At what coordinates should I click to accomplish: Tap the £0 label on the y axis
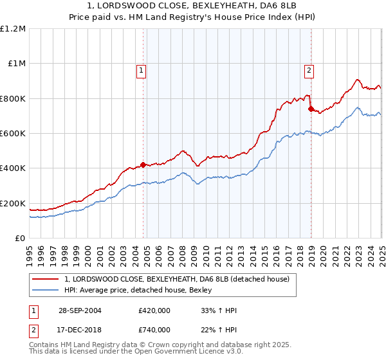19,239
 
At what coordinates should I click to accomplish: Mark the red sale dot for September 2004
143,165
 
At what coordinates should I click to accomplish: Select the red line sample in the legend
46,279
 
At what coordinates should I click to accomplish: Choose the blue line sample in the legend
46,290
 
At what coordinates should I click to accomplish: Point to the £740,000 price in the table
154,329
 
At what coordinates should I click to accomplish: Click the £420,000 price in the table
154,311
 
